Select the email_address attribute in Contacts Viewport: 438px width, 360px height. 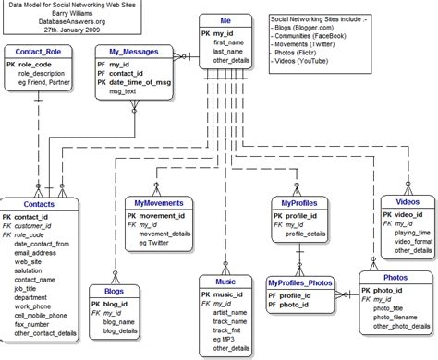click(35, 253)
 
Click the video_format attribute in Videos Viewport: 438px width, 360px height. click(414, 242)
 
